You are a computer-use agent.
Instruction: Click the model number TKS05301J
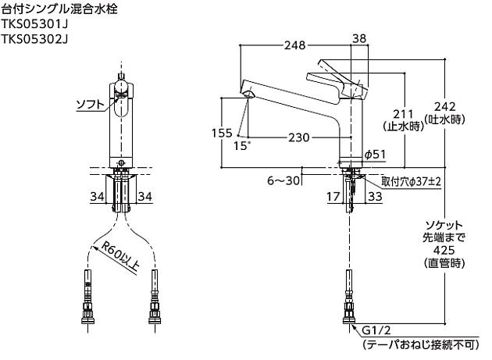(x=36, y=26)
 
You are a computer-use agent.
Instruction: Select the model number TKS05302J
(x=36, y=41)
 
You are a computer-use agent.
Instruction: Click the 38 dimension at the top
(x=360, y=38)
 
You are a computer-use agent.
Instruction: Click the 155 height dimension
(x=222, y=133)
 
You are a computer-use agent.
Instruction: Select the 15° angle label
(x=243, y=146)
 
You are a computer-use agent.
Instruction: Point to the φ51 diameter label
(x=376, y=155)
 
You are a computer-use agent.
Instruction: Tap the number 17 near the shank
(x=332, y=198)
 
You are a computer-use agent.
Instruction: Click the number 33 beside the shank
(x=374, y=198)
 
